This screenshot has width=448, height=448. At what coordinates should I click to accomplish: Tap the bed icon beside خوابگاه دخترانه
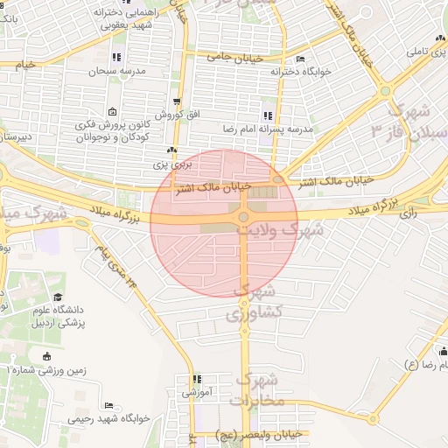(x=301, y=59)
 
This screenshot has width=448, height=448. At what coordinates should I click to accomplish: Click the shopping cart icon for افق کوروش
(x=178, y=102)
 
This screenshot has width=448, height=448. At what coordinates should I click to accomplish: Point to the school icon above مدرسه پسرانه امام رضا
(x=267, y=115)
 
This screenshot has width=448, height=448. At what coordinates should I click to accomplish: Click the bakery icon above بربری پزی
(x=171, y=150)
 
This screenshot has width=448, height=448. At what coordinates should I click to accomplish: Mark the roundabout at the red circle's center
(x=243, y=216)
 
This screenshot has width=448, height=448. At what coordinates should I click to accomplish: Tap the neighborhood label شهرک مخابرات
(x=257, y=390)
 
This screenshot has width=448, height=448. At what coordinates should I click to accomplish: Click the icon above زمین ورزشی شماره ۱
(x=46, y=356)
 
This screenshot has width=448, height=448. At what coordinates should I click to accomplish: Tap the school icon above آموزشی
(x=197, y=380)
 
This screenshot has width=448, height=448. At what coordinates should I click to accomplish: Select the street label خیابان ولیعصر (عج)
(x=261, y=433)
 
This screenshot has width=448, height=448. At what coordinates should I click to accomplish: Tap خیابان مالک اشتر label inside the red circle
(x=213, y=187)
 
